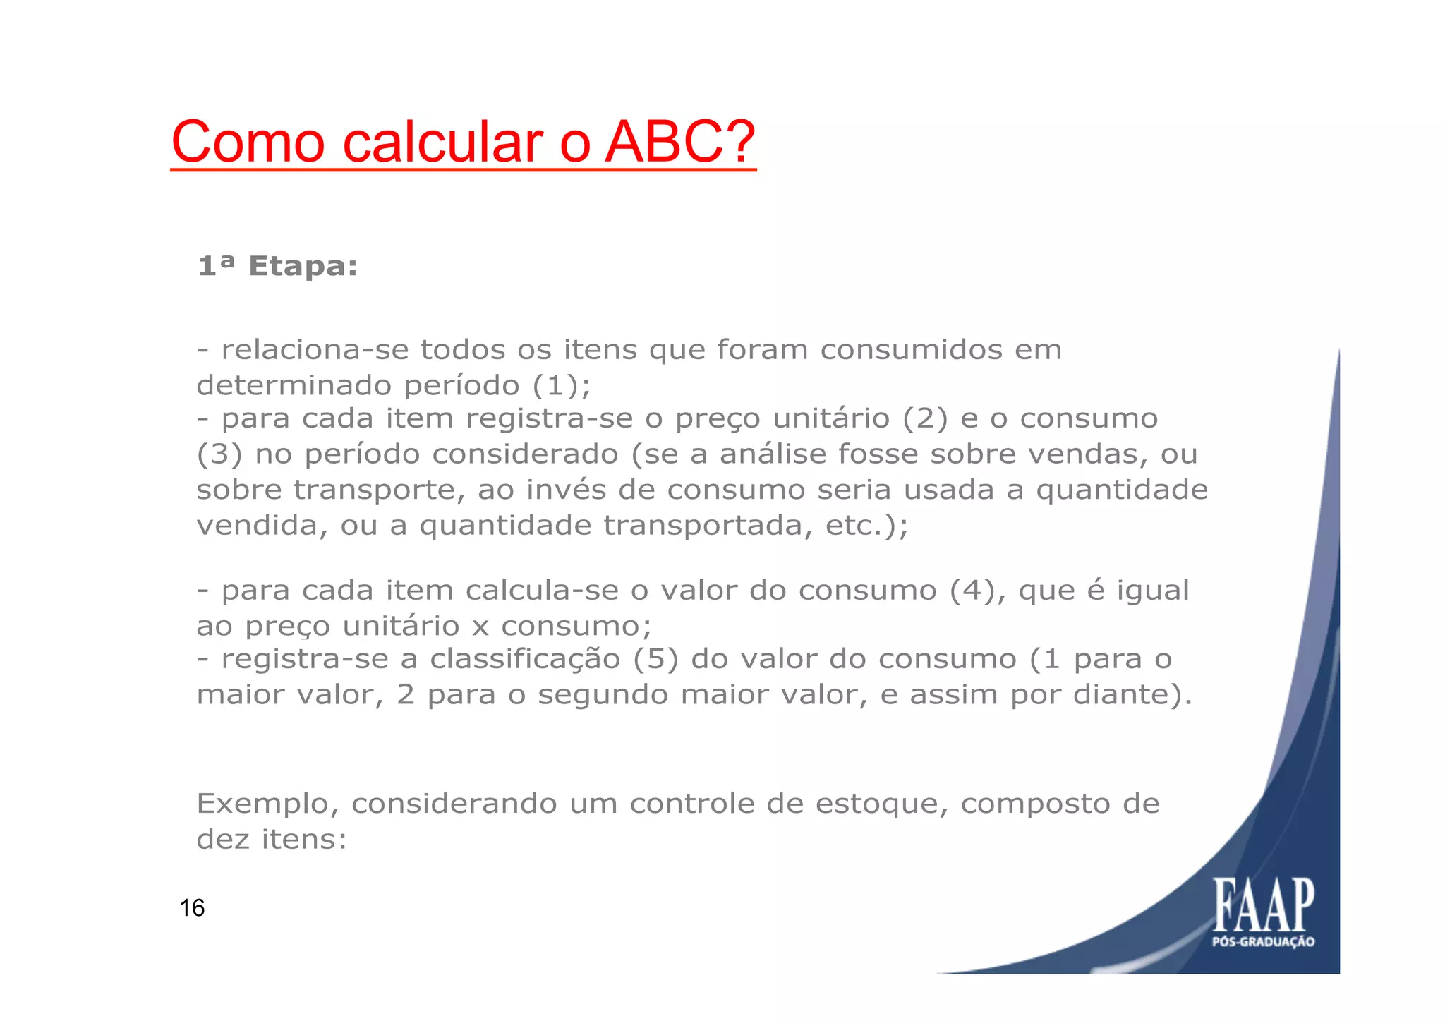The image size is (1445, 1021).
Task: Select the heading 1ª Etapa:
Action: coord(277,267)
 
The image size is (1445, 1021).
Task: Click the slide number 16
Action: coord(192,908)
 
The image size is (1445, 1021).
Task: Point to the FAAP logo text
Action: coord(1264,905)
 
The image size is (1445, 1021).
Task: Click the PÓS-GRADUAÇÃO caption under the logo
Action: coord(1263,942)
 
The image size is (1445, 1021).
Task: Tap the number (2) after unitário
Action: coord(925,419)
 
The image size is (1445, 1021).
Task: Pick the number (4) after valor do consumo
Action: coord(977,591)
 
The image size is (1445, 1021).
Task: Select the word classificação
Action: coord(525,660)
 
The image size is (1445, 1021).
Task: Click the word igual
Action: coord(1152,591)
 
